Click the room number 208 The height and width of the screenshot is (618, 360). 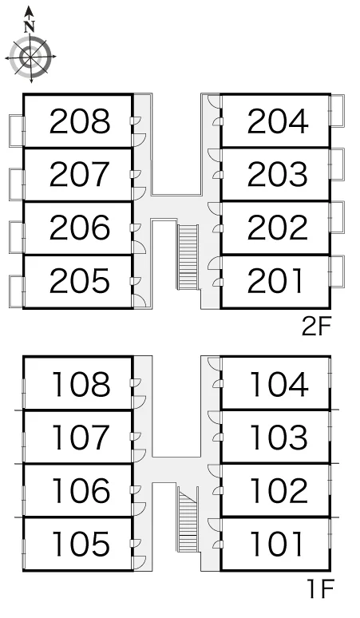(x=80, y=121)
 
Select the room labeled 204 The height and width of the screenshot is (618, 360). (x=278, y=121)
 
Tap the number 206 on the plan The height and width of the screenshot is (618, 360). (x=80, y=228)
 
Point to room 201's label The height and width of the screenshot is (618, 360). (x=275, y=280)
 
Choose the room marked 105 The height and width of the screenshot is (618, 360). (x=81, y=544)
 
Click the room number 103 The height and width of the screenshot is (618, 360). (x=279, y=438)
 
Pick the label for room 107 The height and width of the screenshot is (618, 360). (x=80, y=438)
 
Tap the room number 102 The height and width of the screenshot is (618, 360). (x=279, y=491)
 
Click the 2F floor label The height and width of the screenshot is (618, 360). (x=317, y=327)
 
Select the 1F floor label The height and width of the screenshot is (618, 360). (x=320, y=588)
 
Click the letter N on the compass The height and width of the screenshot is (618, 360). (x=30, y=27)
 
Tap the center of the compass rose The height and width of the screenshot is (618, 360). (x=30, y=57)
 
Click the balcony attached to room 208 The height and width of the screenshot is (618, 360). (x=17, y=131)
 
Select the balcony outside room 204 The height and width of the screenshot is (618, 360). (x=337, y=110)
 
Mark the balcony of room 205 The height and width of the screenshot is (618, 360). (x=17, y=291)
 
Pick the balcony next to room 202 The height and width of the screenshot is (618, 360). (x=337, y=217)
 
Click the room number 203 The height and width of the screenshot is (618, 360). (x=278, y=174)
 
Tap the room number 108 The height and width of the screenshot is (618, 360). (x=81, y=384)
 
